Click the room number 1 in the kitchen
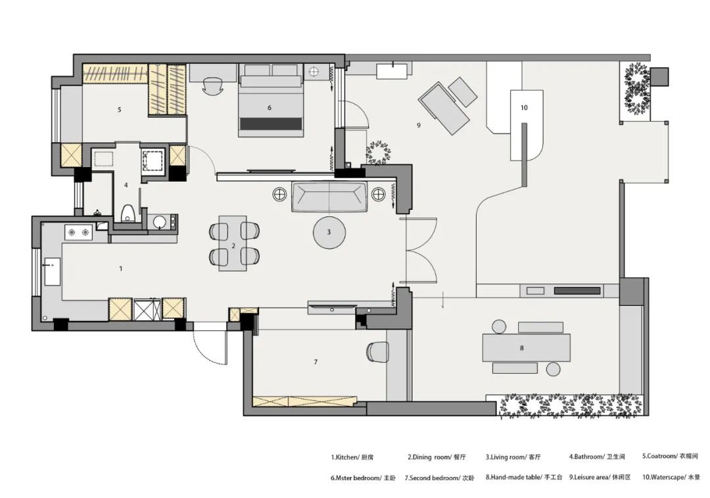[x=121, y=268]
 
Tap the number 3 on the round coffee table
[x=329, y=232]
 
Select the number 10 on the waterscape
[x=524, y=108]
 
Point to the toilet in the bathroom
[x=128, y=213]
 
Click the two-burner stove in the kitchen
[x=78, y=232]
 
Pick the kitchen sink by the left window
[x=52, y=272]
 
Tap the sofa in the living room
[x=329, y=197]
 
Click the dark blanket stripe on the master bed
[x=271, y=124]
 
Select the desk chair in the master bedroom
[x=212, y=85]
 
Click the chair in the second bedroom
[x=377, y=352]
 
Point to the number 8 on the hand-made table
[x=521, y=348]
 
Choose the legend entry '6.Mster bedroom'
[x=356, y=478]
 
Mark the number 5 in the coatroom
[x=120, y=110]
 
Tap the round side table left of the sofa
[x=280, y=194]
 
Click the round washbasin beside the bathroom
[x=159, y=222]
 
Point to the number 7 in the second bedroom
[x=316, y=362]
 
